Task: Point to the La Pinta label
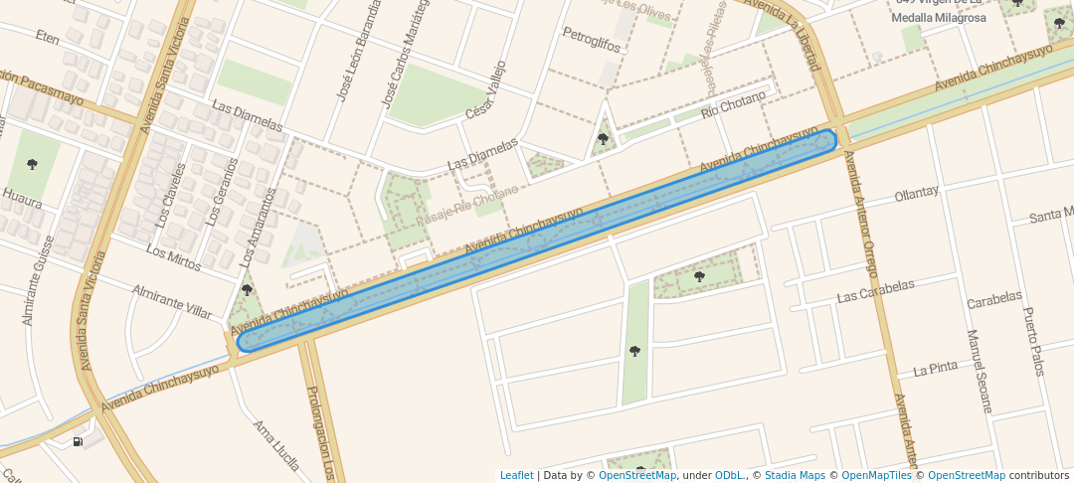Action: click(936, 367)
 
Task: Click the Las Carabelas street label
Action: click(875, 290)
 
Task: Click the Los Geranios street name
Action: click(220, 191)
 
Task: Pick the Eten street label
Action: click(47, 37)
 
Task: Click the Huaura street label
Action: click(21, 198)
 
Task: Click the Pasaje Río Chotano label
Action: click(467, 205)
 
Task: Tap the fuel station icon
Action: click(77, 441)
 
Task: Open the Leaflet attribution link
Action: click(516, 476)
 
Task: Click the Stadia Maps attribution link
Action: click(794, 476)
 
